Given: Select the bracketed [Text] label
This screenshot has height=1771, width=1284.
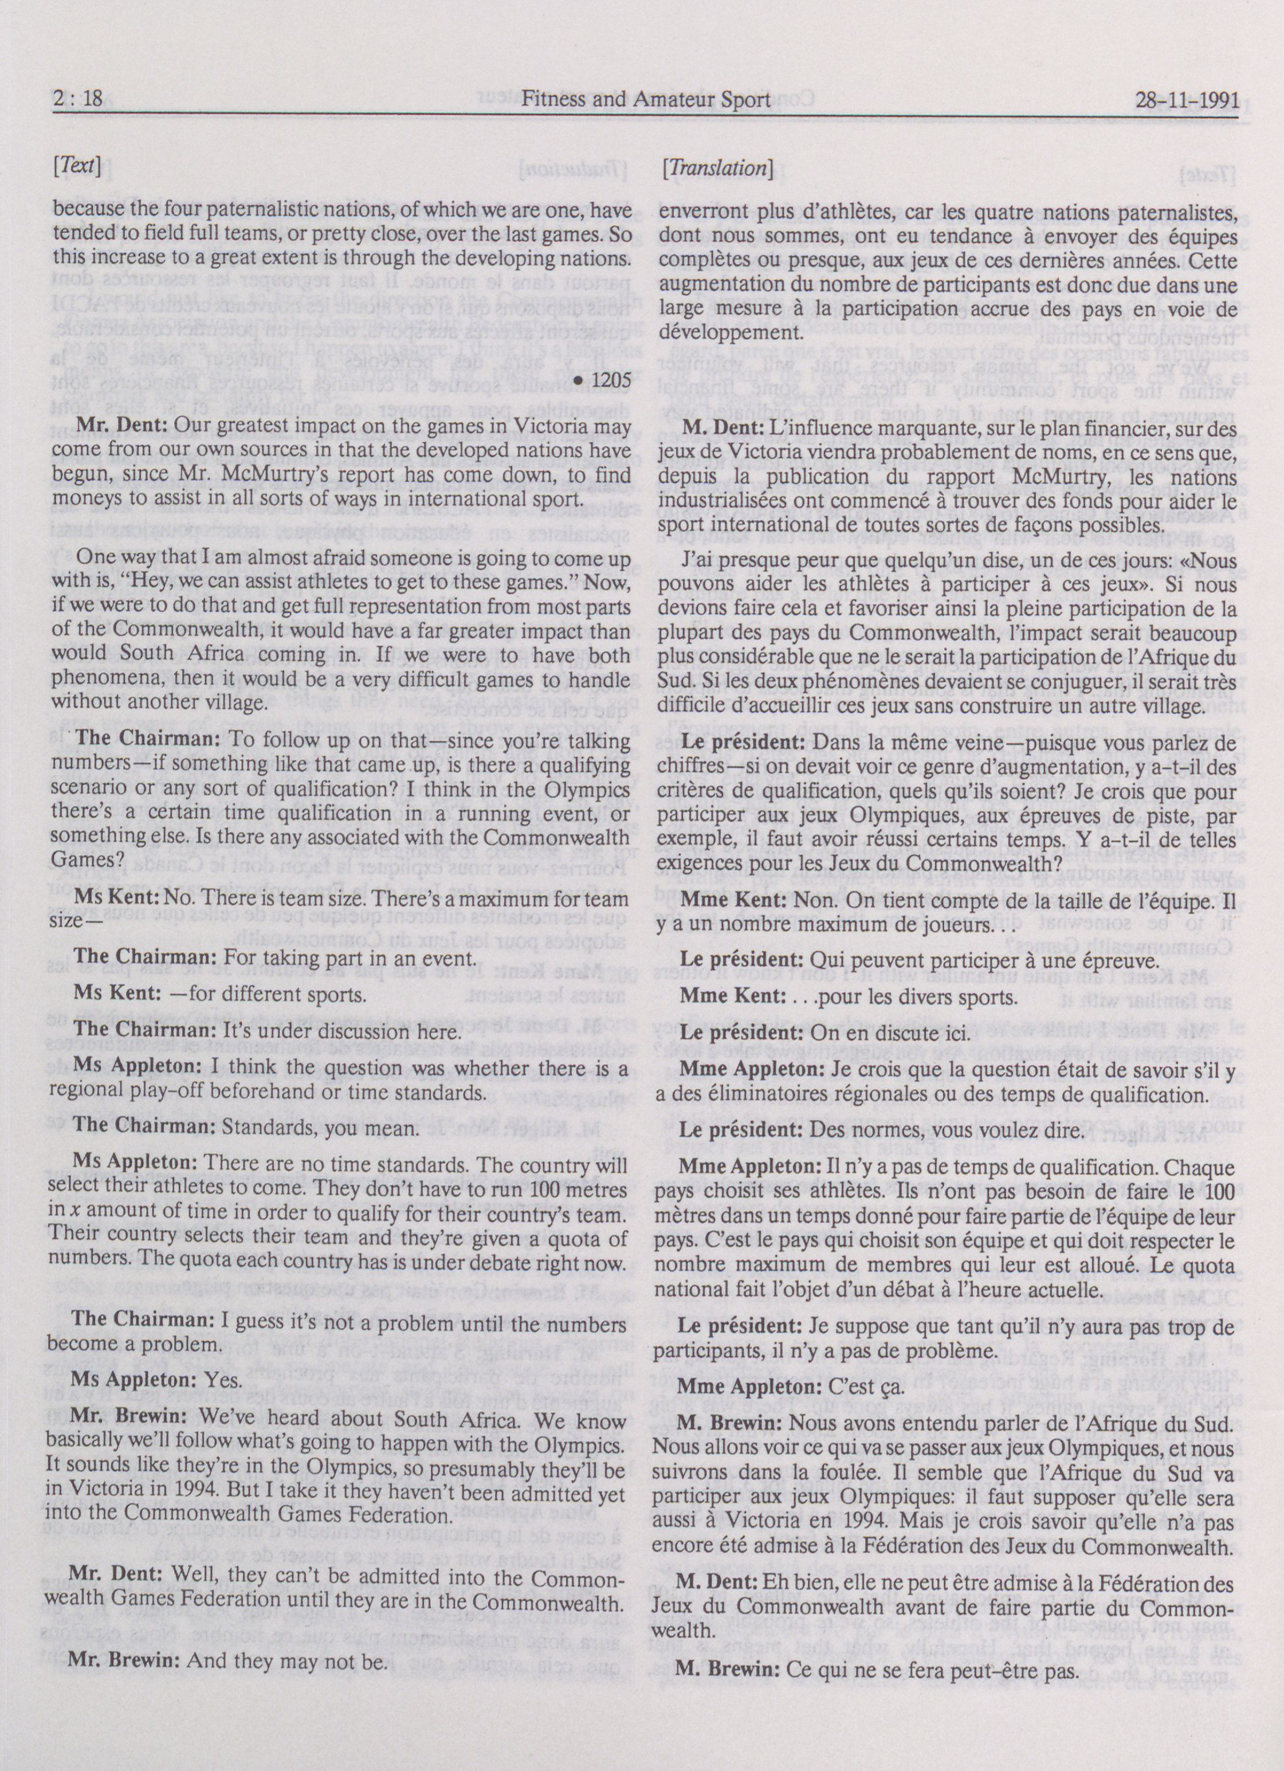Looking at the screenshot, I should pyautogui.click(x=75, y=167).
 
